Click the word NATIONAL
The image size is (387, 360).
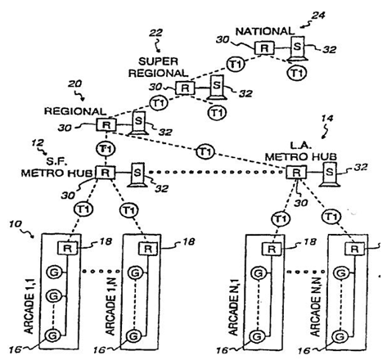pyautogui.click(x=265, y=32)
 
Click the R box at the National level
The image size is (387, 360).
pyautogui.click(x=264, y=48)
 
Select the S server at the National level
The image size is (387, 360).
pyautogui.click(x=297, y=48)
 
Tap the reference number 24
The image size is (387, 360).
pyautogui.click(x=318, y=16)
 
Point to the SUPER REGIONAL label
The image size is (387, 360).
pyautogui.click(x=158, y=67)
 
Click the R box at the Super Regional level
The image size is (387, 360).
pyautogui.click(x=185, y=88)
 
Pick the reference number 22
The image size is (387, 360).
pyautogui.click(x=155, y=33)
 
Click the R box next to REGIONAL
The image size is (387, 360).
pyautogui.click(x=106, y=125)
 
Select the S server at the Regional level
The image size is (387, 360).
pyautogui.click(x=139, y=124)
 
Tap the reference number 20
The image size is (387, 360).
pyautogui.click(x=74, y=83)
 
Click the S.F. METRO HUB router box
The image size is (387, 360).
pyautogui.click(x=106, y=173)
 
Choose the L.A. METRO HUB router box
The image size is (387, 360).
pyautogui.click(x=296, y=172)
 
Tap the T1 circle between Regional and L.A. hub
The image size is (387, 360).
pyautogui.click(x=205, y=151)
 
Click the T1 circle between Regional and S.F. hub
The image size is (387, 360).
pyautogui.click(x=106, y=149)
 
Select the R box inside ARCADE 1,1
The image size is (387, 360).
pyautogui.click(x=67, y=248)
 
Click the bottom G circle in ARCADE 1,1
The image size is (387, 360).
pyautogui.click(x=52, y=335)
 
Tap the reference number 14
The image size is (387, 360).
pyautogui.click(x=327, y=118)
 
